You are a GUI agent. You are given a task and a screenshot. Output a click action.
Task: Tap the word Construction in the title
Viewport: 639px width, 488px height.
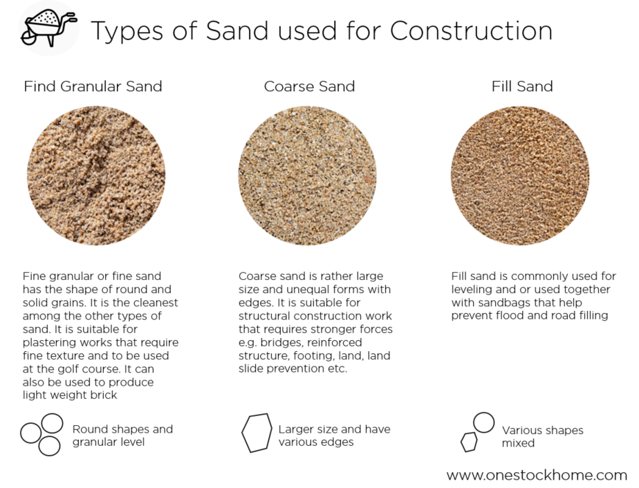[x=471, y=30]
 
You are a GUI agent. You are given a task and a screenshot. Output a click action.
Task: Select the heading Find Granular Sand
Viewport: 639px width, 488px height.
[x=93, y=86]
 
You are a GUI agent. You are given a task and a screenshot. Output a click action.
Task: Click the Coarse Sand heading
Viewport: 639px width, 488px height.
[x=309, y=86]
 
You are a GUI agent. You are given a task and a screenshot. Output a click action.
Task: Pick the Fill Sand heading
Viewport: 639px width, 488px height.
[x=522, y=86]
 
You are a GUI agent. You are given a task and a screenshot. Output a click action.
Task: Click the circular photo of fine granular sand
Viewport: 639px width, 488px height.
[x=96, y=175]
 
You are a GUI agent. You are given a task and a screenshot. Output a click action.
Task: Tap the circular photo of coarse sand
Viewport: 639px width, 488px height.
[x=308, y=175]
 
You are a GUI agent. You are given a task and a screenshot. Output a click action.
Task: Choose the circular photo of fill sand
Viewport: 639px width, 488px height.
[x=520, y=175]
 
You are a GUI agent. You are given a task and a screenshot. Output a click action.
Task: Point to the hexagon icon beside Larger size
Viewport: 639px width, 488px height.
[x=256, y=433]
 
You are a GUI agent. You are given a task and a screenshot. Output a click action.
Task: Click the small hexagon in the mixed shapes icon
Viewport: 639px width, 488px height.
[x=469, y=442]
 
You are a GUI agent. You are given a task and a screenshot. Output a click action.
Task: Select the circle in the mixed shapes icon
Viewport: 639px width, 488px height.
[x=484, y=422]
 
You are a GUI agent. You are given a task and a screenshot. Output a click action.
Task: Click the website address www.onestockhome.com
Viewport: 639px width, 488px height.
[x=537, y=475]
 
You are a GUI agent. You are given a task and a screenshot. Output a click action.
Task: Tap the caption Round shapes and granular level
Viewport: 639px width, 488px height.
[x=122, y=435]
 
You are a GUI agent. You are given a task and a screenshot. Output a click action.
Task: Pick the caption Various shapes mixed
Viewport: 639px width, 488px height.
[x=542, y=436]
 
